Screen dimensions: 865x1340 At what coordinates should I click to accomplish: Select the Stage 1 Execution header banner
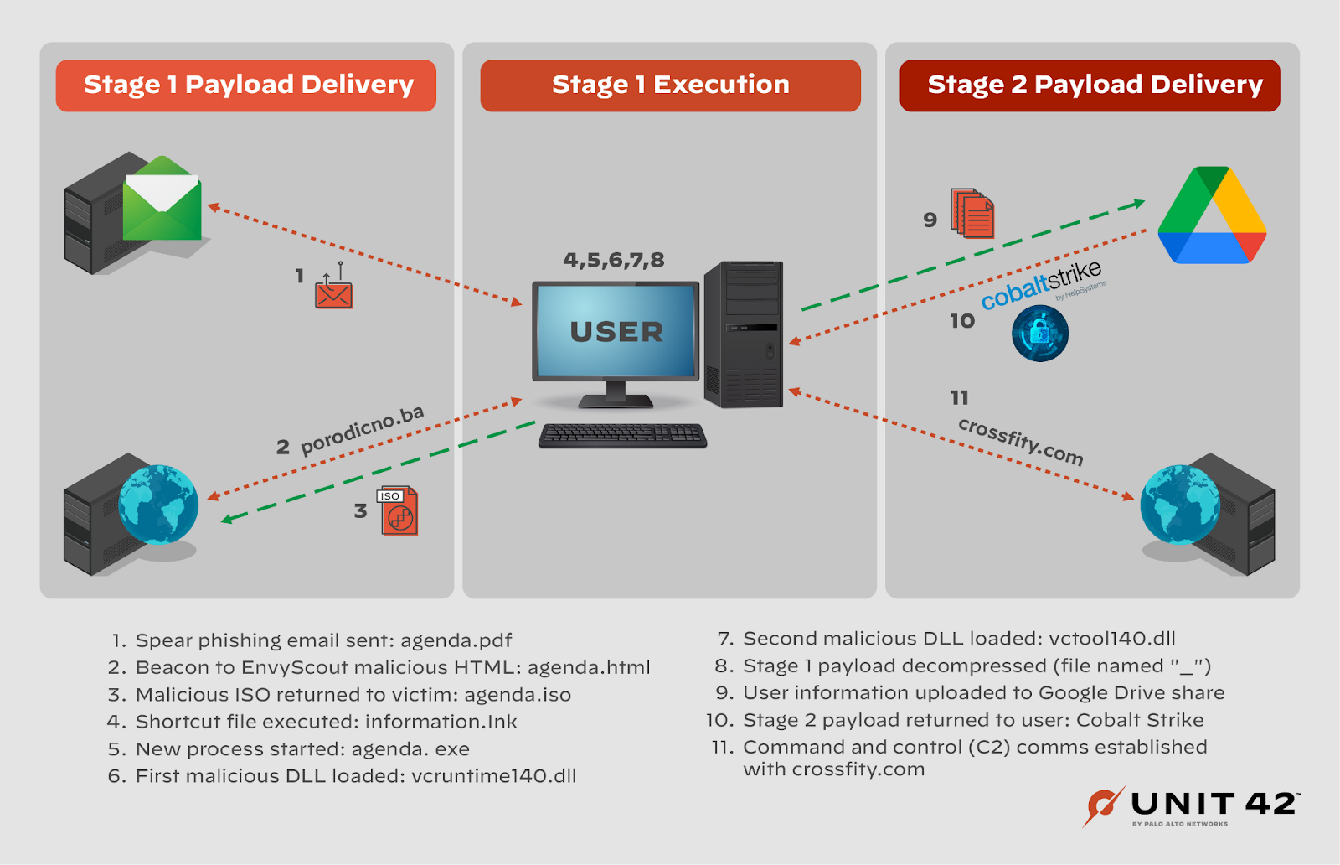(x=670, y=85)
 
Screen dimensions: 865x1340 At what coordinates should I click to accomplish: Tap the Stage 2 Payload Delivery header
(x=1090, y=85)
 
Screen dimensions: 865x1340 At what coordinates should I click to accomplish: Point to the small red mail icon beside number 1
(x=333, y=293)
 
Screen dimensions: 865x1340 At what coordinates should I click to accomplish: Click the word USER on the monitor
(x=616, y=332)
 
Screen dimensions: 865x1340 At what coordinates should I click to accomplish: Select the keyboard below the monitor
(x=622, y=435)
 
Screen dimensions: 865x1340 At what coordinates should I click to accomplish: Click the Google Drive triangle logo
(x=1211, y=216)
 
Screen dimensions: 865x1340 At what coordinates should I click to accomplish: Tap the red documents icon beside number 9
(x=972, y=214)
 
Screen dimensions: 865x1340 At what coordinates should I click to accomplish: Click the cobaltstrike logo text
(x=1042, y=285)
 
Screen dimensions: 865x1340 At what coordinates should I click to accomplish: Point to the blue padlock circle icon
(x=1040, y=333)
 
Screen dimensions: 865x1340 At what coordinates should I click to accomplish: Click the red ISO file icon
(x=399, y=510)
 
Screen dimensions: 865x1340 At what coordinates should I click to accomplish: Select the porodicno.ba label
(x=362, y=429)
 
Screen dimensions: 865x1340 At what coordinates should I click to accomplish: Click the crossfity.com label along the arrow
(x=1021, y=441)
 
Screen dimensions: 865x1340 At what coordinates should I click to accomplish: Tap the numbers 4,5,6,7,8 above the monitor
(x=614, y=260)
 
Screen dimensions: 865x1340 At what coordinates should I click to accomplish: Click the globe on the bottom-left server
(x=157, y=504)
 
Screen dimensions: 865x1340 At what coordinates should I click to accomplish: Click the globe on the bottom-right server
(x=1180, y=504)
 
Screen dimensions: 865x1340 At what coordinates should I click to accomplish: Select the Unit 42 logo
(x=1192, y=806)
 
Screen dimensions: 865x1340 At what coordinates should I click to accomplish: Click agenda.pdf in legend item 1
(x=456, y=640)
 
